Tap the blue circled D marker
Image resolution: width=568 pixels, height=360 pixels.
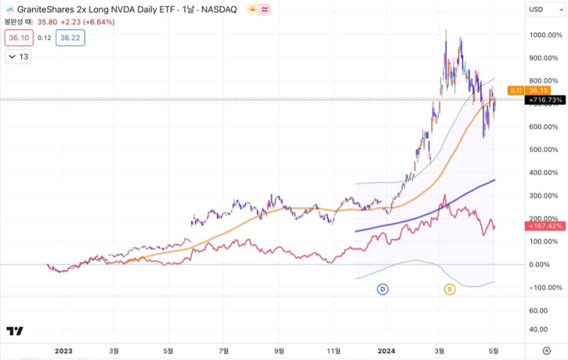click(383, 289)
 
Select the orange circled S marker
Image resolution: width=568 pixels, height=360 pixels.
click(450, 289)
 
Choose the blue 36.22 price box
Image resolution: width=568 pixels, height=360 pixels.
click(70, 37)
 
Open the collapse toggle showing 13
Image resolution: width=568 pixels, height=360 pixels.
click(18, 57)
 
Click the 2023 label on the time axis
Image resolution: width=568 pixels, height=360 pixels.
click(63, 350)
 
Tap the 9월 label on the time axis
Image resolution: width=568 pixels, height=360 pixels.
click(280, 350)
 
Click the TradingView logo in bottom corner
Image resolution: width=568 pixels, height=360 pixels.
click(15, 331)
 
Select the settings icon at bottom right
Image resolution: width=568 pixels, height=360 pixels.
click(545, 350)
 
